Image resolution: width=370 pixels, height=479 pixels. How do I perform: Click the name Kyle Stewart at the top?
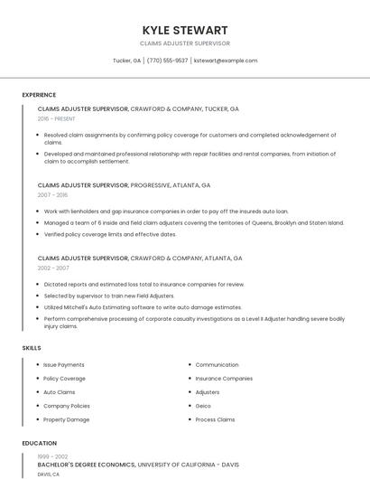[x=185, y=30]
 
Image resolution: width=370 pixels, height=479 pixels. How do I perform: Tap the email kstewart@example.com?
[x=226, y=61]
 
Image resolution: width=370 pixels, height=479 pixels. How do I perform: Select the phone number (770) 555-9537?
[x=167, y=61]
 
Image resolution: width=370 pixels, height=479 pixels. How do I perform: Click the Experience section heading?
[x=39, y=95]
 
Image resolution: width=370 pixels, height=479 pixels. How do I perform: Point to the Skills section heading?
[x=32, y=348]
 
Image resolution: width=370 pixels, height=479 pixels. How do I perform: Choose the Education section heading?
[x=39, y=444]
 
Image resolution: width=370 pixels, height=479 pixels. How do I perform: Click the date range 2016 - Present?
[x=56, y=118]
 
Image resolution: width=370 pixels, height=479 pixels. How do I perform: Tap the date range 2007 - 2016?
[x=51, y=194]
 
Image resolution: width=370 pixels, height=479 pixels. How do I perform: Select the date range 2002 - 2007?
[x=52, y=268]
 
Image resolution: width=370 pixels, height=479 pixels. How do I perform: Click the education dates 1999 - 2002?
[x=51, y=456]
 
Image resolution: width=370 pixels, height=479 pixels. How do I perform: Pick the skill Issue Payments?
[x=64, y=365]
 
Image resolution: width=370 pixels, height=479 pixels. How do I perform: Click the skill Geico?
[x=204, y=406]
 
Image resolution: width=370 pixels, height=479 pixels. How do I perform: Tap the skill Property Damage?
[x=67, y=419]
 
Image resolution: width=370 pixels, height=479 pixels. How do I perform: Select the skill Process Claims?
[x=215, y=419]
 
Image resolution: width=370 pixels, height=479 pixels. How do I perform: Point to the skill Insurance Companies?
[x=224, y=379]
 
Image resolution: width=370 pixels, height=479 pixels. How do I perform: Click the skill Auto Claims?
[x=60, y=392]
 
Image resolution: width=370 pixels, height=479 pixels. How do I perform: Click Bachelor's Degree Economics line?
[x=87, y=465]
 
